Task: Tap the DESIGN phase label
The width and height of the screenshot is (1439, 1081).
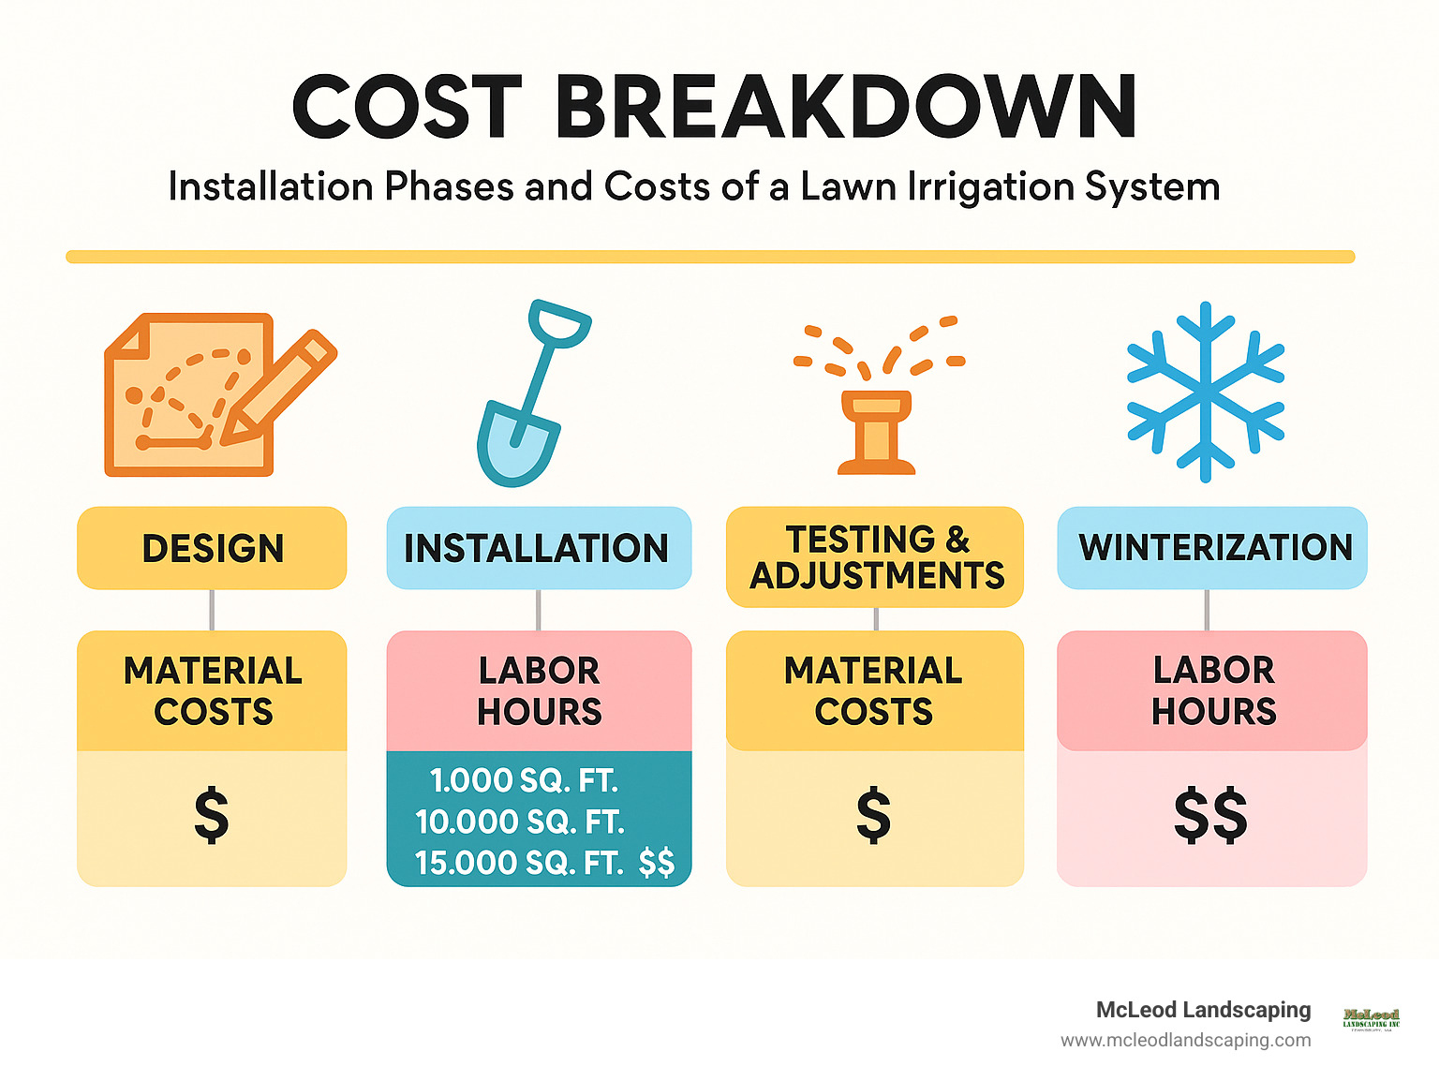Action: tap(213, 548)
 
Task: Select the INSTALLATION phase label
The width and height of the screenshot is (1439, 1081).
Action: tap(537, 548)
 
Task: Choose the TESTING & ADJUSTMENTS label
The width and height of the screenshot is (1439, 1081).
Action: tap(876, 557)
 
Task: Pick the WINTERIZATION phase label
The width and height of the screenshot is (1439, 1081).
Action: tap(1215, 547)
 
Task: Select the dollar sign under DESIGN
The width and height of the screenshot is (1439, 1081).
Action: tap(212, 816)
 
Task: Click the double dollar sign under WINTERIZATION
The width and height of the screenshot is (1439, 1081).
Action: tap(1210, 816)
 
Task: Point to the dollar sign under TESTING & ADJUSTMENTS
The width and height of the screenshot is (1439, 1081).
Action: tap(873, 816)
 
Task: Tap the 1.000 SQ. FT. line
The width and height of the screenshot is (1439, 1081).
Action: tap(524, 780)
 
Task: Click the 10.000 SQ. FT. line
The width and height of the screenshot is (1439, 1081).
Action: tap(520, 822)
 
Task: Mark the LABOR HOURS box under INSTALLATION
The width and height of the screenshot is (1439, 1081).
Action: tap(539, 691)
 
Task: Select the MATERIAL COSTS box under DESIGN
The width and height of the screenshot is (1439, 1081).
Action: tap(213, 691)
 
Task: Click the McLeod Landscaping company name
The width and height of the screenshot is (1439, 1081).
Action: tap(1203, 1010)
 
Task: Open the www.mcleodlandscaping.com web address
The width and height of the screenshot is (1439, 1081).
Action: tap(1185, 1040)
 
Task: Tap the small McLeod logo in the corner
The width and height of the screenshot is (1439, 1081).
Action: tap(1371, 1019)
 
